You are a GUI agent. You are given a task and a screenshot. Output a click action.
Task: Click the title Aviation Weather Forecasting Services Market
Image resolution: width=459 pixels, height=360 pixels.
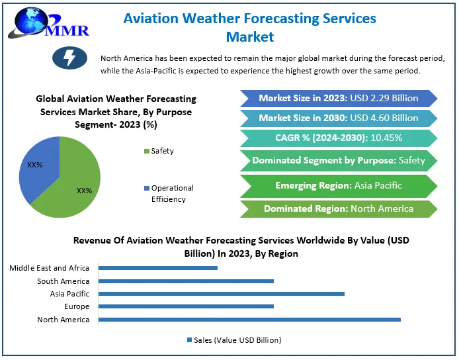[x=250, y=27]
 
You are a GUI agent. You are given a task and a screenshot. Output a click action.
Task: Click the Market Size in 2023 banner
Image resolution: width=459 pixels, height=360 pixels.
[x=338, y=98]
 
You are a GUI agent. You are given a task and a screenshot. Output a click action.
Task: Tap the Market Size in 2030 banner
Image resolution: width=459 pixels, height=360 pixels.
[x=338, y=118]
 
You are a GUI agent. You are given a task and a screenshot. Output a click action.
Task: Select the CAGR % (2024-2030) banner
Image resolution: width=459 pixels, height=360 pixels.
[x=338, y=138]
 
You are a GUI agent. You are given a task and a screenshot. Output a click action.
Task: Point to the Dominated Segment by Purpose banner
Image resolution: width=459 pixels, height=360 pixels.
[x=338, y=160]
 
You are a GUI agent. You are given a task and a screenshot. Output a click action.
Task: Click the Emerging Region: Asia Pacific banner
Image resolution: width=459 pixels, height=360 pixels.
[x=338, y=185]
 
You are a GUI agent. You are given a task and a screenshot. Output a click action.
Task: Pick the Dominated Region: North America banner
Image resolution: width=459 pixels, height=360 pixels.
[x=338, y=208]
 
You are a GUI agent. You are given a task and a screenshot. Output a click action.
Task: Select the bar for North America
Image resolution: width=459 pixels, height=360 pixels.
[x=249, y=320]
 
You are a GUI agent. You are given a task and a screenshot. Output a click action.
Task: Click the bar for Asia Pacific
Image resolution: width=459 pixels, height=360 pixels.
[x=222, y=294]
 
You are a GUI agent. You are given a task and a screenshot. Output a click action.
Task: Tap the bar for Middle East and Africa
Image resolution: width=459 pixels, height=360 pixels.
[x=158, y=268]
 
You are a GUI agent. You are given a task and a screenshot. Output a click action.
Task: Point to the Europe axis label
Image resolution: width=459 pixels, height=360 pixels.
[x=76, y=307]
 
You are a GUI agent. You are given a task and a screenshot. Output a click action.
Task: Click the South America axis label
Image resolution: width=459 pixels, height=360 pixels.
[x=63, y=281]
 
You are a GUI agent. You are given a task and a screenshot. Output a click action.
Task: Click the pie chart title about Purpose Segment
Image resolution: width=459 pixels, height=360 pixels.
[x=116, y=111]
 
